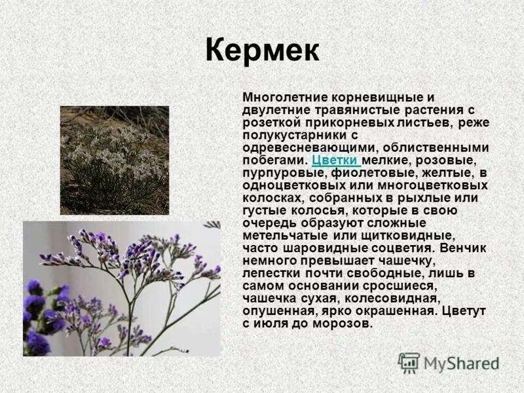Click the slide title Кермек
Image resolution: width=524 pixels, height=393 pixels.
point(261,51)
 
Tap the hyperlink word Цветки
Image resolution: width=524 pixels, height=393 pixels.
point(335,160)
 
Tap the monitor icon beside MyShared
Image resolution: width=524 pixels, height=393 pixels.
point(409,363)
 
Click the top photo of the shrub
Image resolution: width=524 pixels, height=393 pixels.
point(115,160)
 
